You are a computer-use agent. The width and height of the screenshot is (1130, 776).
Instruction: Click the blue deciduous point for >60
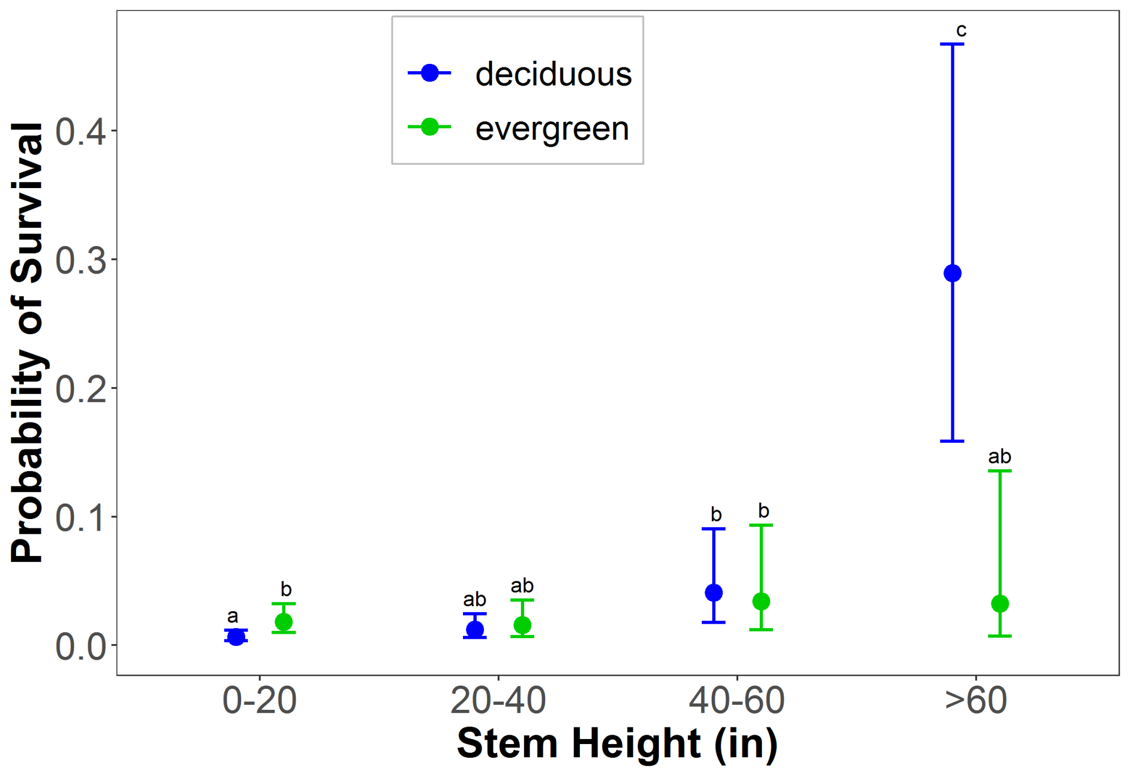952,273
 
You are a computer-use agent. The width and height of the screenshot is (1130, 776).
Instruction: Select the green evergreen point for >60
1000,604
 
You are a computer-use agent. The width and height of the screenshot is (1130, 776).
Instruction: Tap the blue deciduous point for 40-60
713,593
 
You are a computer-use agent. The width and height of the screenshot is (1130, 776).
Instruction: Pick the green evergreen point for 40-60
761,601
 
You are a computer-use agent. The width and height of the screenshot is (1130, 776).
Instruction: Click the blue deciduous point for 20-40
475,629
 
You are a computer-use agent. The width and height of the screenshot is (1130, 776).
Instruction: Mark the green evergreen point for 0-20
284,622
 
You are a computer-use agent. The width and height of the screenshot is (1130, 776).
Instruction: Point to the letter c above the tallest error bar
961,30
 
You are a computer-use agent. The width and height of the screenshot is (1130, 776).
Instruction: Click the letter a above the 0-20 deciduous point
233,616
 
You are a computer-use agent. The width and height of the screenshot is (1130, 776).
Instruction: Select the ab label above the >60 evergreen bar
999,457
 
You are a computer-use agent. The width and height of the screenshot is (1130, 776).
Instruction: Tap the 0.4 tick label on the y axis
81,132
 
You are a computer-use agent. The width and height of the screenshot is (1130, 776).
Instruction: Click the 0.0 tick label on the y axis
81,646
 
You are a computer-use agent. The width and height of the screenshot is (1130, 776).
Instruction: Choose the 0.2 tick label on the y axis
81,389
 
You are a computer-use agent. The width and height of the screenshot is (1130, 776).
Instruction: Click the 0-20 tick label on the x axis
259,701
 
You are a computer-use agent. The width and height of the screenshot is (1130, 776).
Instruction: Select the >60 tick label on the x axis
976,701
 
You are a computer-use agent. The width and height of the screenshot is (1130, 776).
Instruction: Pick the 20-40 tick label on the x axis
498,701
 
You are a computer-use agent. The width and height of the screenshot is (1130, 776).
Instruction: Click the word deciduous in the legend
553,74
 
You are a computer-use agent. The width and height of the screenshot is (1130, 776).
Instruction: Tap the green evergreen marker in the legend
429,127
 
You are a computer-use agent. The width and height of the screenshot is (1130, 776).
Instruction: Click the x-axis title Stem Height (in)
617,743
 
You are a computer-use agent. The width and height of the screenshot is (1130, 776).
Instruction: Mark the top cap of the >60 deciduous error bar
952,44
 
